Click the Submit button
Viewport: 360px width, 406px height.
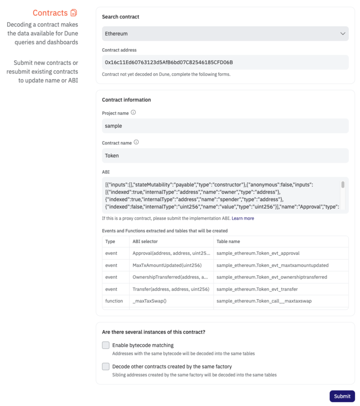[342, 396]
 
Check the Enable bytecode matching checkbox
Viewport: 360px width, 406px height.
[106, 345]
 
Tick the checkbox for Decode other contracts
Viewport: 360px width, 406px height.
[106, 366]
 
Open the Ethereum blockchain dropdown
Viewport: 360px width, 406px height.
[225, 33]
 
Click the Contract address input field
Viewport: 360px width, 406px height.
[225, 62]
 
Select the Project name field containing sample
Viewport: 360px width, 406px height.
[225, 126]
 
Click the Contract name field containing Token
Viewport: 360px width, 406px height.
[225, 155]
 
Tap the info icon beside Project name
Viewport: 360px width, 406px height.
[133, 112]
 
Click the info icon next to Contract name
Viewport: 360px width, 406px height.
[136, 142]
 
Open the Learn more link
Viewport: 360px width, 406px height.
[243, 218]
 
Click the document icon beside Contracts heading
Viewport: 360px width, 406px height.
[74, 13]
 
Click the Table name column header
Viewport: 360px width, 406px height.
[228, 241]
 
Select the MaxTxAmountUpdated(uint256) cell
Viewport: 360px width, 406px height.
[167, 265]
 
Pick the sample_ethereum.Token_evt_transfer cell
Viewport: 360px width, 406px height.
[257, 289]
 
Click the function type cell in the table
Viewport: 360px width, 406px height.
[114, 301]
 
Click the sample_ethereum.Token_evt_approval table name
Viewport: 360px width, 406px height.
[258, 253]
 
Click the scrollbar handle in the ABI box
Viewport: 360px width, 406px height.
[343, 184]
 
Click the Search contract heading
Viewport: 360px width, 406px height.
[121, 17]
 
